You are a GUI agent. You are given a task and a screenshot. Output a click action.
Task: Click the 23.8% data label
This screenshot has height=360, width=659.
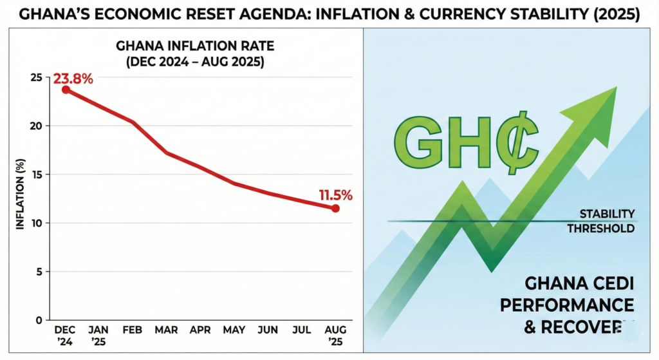tap(73, 79)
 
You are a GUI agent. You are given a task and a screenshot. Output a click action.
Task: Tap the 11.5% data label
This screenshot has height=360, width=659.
tap(334, 196)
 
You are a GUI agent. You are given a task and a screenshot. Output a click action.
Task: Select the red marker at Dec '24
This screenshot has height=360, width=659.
tap(66, 90)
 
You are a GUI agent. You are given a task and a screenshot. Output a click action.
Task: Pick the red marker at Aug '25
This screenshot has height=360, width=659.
tap(335, 209)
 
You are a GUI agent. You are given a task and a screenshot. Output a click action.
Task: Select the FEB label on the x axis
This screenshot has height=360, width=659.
tap(132, 330)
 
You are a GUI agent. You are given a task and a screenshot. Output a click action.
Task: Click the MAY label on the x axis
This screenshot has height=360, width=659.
tap(234, 330)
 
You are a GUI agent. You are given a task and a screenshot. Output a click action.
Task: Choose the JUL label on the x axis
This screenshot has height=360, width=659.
tap(301, 330)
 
